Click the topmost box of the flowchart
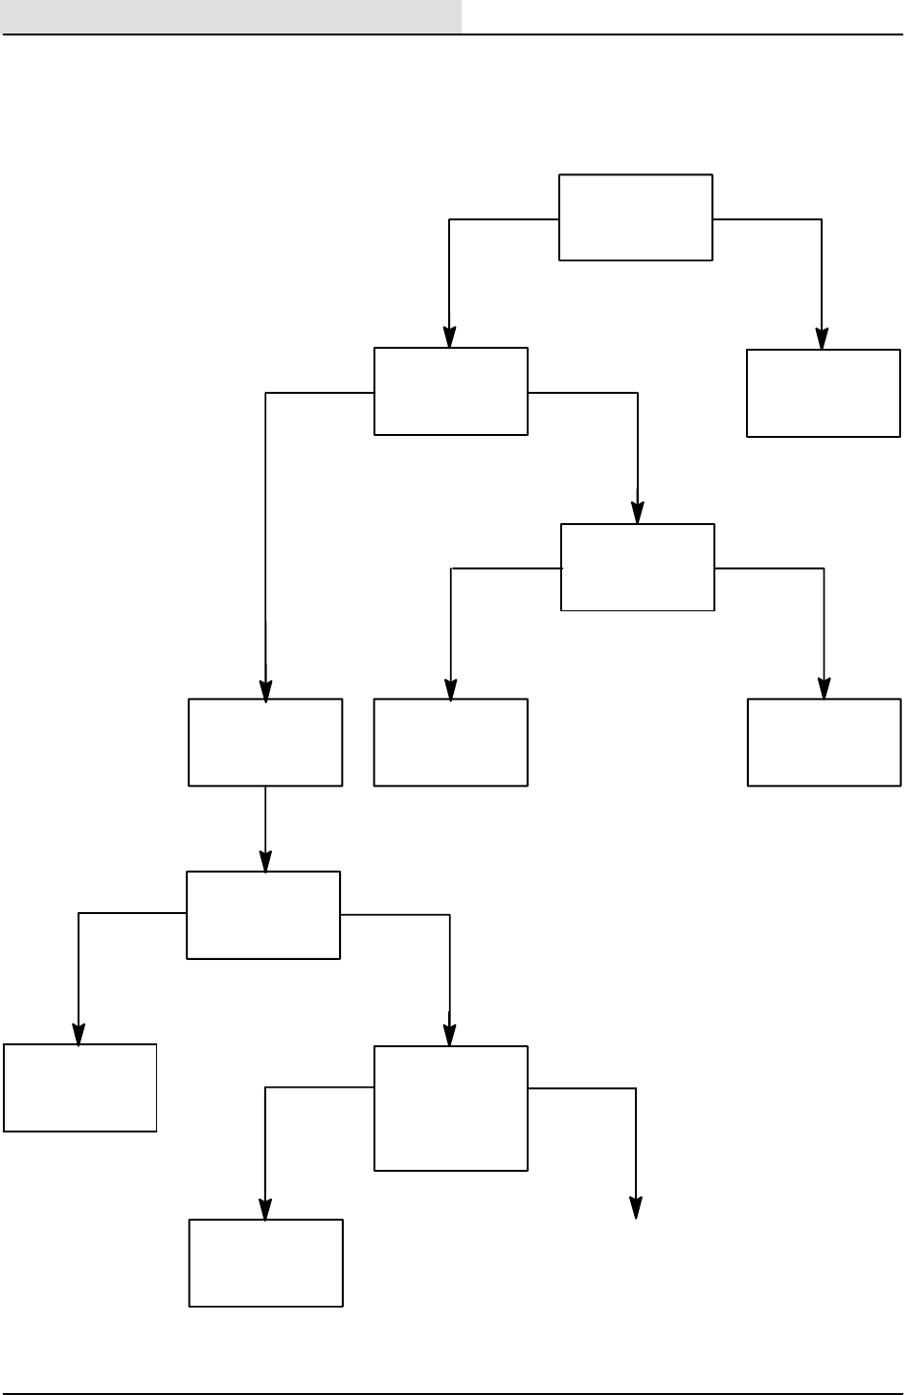coord(636,217)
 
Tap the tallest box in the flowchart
coord(450,1108)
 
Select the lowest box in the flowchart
coord(265,1262)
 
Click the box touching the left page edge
coord(79,1087)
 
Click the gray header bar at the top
coord(231,16)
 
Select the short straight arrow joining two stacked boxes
coord(265,828)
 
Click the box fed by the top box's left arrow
coord(450,391)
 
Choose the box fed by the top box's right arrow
coord(823,393)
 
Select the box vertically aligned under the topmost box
coord(637,566)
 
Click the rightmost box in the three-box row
coord(824,742)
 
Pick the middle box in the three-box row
coord(450,742)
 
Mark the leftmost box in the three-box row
coord(265,743)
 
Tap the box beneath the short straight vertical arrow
coord(263,914)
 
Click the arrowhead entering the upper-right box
coord(822,340)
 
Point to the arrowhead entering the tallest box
coord(450,1036)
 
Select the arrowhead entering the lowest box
coord(265,1209)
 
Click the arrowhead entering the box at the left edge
coord(79,1035)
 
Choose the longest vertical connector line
coord(265,537)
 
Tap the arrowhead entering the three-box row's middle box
coord(450,690)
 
